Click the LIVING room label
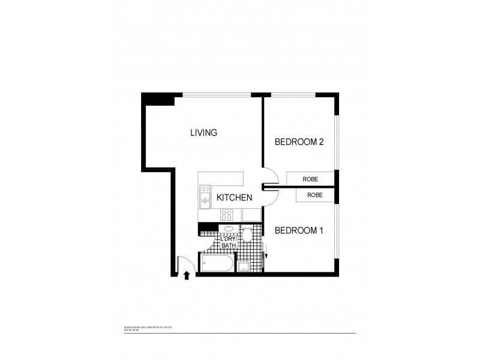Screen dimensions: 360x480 coord(203,133)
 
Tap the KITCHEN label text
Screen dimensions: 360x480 coord(234,197)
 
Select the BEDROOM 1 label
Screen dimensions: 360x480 coord(299,230)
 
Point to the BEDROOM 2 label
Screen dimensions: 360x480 coord(299,142)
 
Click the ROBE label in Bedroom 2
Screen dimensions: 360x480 coord(310,179)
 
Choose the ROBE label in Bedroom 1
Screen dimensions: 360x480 coord(314,195)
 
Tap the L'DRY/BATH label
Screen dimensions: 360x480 coord(229,242)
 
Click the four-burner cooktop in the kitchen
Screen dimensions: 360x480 coord(227,215)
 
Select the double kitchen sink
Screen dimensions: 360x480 coord(204,197)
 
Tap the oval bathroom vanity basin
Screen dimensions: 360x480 coord(229,229)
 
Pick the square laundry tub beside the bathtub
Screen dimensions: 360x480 coord(244,266)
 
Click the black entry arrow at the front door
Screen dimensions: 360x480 coord(187,275)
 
